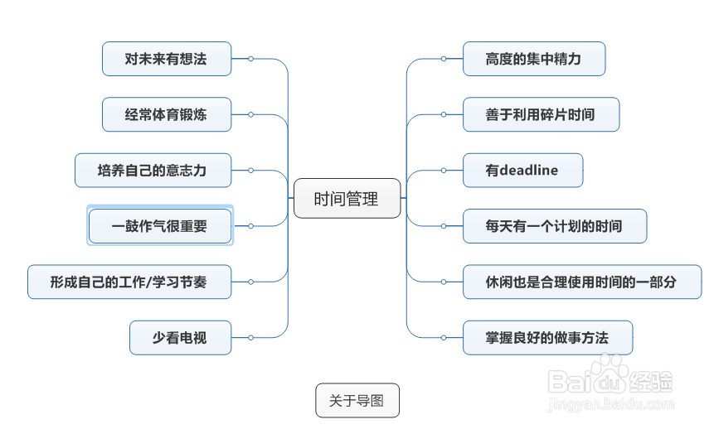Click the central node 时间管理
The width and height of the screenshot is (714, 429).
347,199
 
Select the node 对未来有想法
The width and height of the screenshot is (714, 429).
167,59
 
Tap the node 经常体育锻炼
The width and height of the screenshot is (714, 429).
167,114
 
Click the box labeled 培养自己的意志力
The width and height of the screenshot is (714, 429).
153,171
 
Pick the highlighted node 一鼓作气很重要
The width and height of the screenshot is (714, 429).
160,226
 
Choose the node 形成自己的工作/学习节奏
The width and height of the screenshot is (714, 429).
129,282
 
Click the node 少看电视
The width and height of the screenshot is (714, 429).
180,338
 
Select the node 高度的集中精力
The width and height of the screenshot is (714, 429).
533,59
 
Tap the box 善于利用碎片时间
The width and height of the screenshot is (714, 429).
541,114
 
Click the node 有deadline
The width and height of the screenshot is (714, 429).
522,171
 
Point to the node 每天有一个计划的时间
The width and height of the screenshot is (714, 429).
554,226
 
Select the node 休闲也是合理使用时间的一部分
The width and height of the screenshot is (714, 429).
581,282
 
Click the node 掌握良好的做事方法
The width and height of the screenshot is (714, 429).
547,338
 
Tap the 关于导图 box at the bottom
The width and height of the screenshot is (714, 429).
357,401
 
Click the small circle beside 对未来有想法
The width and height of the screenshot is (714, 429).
250,59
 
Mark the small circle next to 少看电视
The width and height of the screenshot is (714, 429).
250,337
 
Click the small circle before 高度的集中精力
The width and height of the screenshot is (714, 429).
444,59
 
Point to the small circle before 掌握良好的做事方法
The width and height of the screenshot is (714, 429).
444,337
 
